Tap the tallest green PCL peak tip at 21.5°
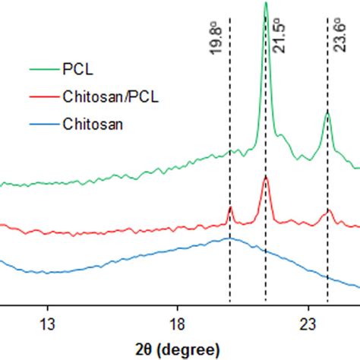[x=265, y=3]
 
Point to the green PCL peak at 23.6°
[x=327, y=112]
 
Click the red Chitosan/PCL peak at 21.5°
[x=265, y=177]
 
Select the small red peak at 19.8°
[x=230, y=207]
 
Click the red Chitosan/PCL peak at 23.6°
[x=327, y=210]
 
